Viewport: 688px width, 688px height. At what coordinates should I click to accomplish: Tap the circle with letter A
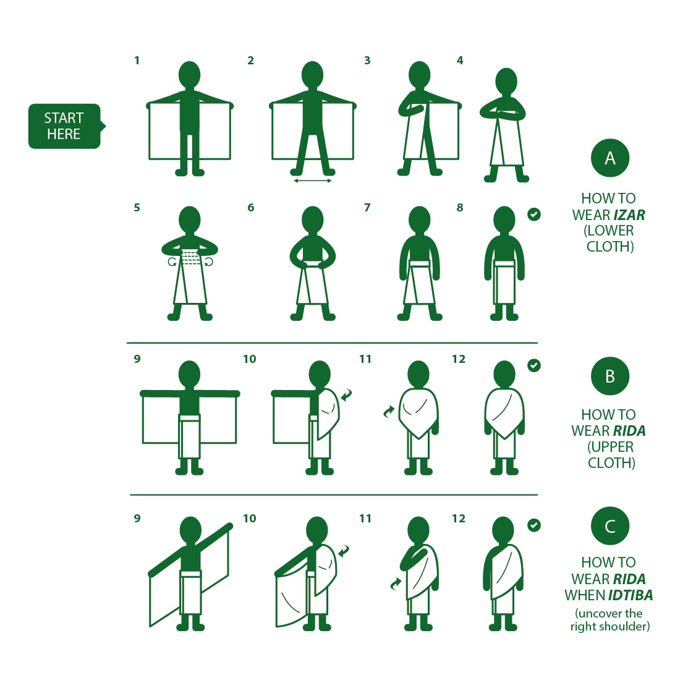[x=610, y=158]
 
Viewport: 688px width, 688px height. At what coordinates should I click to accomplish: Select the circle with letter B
[x=610, y=376]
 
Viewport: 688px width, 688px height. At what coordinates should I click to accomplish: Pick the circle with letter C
[x=610, y=526]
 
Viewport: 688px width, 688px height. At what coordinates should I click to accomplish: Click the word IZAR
[x=629, y=215]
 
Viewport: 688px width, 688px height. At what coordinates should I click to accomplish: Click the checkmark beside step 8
[x=534, y=214]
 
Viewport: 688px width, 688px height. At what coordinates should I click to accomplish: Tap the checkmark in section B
[x=534, y=365]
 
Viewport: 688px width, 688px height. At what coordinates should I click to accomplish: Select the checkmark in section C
[x=534, y=525]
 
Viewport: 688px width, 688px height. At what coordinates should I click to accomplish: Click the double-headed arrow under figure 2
[x=312, y=180]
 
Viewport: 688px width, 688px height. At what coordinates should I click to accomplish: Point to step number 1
[x=137, y=61]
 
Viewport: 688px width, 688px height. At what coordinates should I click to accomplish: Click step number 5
[x=137, y=208]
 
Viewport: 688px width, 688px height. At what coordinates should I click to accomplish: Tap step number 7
[x=367, y=208]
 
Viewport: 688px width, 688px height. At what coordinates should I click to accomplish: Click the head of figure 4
[x=506, y=82]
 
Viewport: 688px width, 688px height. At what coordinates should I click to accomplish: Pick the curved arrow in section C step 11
[x=396, y=584]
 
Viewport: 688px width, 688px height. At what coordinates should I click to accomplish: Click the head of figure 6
[x=312, y=220]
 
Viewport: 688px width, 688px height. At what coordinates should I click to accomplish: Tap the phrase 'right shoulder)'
[x=610, y=627]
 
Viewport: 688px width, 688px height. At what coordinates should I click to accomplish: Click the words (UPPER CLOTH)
[x=611, y=454]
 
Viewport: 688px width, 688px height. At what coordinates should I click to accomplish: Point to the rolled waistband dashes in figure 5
[x=190, y=257]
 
